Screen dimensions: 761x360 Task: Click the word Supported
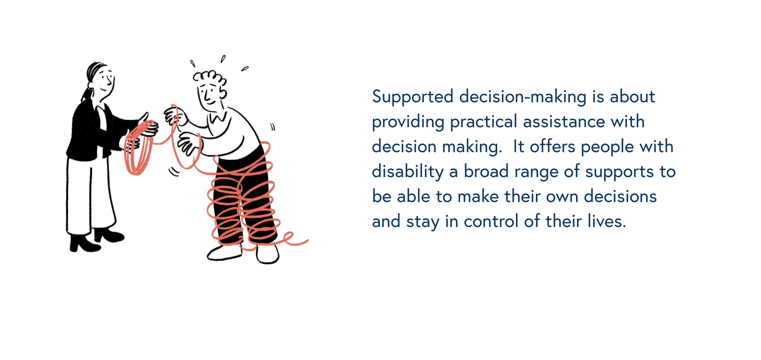click(x=413, y=97)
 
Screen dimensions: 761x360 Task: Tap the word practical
click(x=483, y=122)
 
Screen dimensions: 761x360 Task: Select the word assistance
click(x=564, y=121)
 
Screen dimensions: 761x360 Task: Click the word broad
click(x=486, y=171)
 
